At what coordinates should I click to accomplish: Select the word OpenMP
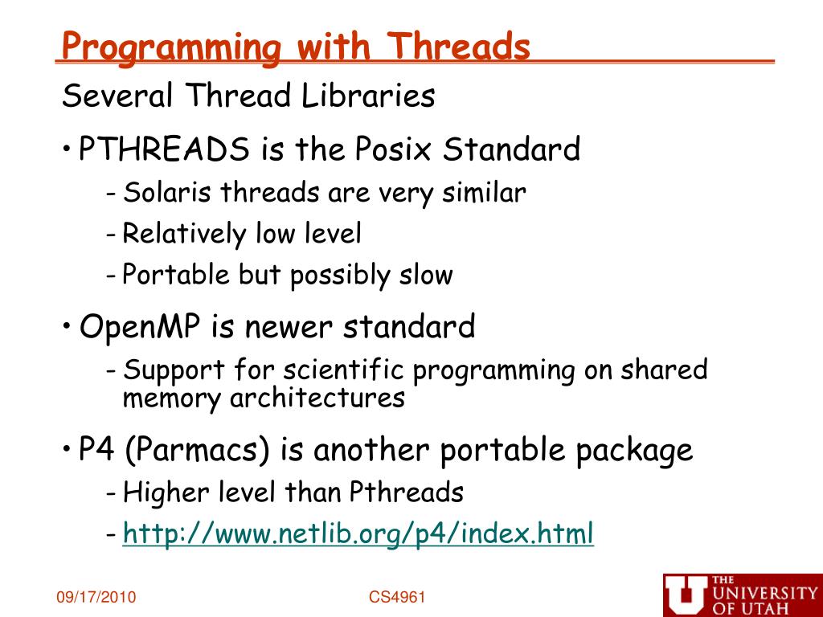coord(141,327)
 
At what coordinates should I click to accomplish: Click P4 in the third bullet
coord(97,451)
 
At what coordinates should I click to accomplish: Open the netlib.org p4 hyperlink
coord(358,533)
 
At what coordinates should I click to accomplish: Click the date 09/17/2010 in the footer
coord(96,598)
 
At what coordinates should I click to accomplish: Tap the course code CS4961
coord(397,598)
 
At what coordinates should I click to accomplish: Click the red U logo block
coord(686,595)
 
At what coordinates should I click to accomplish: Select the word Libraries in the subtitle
coord(369,96)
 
